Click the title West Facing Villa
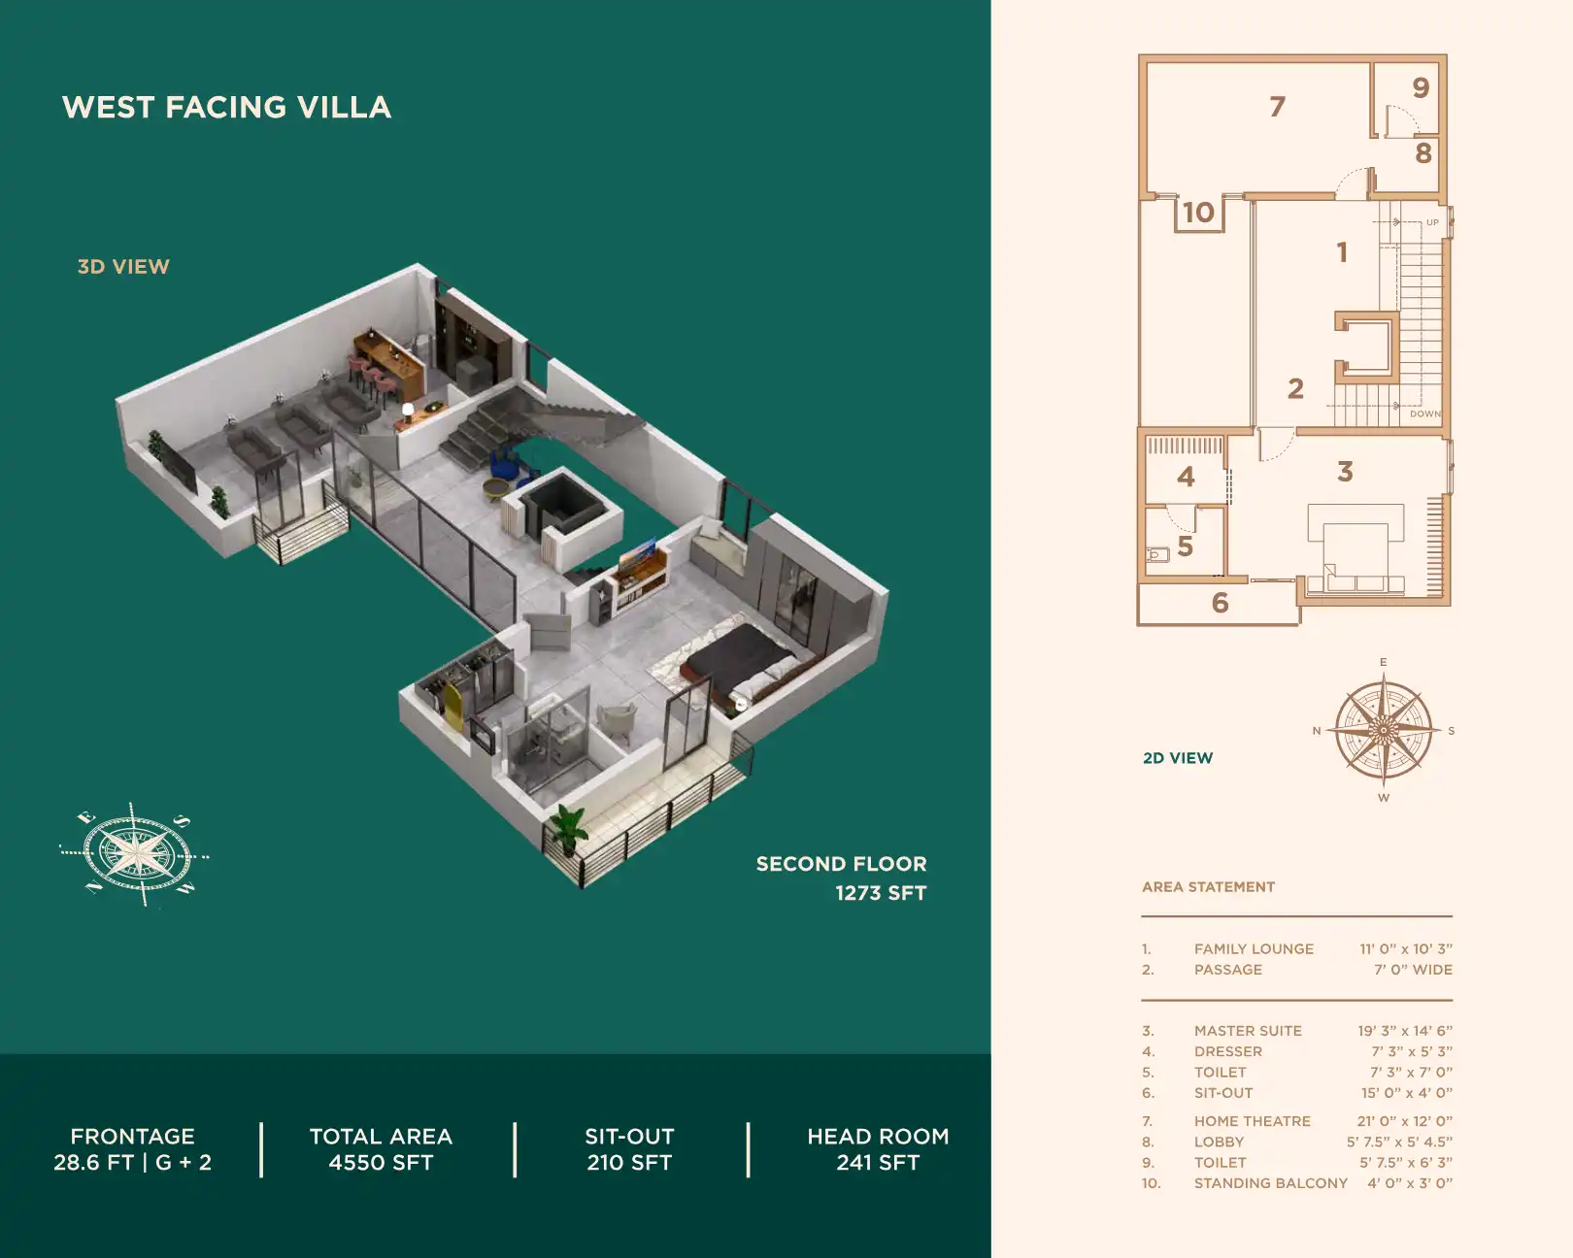226,107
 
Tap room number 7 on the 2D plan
1277,107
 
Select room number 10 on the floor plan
1198,212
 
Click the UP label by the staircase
1432,222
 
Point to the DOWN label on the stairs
1424,414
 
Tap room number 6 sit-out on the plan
1220,603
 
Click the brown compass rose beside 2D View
1383,729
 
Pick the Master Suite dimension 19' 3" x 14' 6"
1404,1031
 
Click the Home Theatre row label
1252,1121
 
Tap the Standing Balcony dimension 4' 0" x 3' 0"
1409,1183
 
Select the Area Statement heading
1208,887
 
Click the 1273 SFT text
881,893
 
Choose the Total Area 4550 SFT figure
381,1162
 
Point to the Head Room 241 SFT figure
878,1162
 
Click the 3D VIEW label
123,267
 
